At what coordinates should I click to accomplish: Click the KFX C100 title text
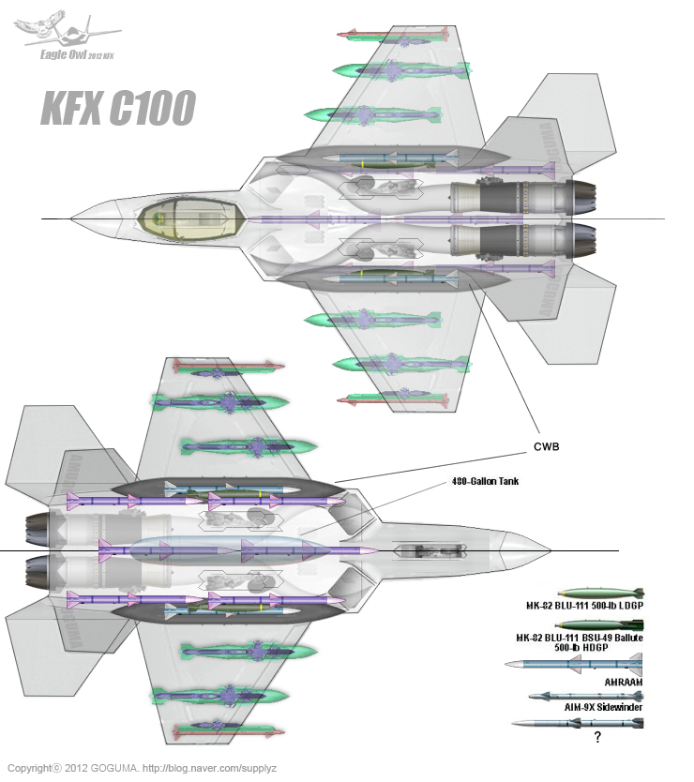pos(117,109)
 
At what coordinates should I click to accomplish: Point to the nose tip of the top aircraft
pos(73,218)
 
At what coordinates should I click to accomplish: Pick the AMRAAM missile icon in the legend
pos(572,665)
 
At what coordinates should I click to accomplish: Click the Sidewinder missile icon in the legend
pos(585,695)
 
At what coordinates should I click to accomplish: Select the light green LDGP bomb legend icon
pos(600,593)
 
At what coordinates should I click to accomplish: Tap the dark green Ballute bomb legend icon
pos(600,624)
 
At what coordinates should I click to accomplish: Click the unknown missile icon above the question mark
pos(576,723)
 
